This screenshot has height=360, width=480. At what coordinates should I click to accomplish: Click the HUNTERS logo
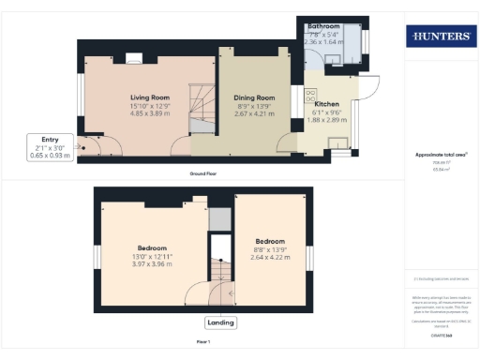(439, 37)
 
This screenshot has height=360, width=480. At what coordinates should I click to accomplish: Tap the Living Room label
(150, 97)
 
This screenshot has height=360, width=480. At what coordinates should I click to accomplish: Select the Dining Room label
(254, 97)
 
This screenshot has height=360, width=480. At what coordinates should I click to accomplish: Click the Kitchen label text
(326, 103)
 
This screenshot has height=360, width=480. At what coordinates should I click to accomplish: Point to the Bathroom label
(323, 26)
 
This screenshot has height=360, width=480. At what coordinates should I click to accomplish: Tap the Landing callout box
(220, 322)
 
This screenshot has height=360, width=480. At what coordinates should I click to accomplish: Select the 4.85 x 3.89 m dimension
(150, 114)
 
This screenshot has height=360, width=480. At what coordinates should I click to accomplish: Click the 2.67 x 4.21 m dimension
(254, 114)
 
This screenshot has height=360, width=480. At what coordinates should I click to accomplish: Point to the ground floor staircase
(202, 108)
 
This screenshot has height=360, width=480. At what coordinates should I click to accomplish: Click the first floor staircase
(220, 272)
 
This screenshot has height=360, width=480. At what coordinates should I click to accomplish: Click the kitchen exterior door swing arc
(368, 89)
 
